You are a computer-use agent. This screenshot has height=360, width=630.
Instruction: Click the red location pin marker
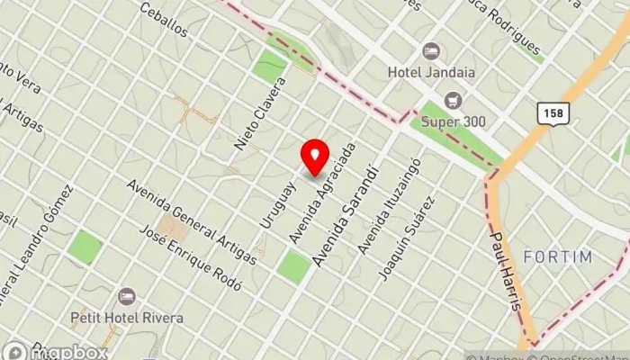click(x=314, y=158)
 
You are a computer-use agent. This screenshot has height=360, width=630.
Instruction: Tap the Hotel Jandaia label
click(x=431, y=72)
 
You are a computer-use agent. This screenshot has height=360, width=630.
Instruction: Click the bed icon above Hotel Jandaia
click(x=430, y=50)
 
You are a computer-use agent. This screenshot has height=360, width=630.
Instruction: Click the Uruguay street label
click(x=277, y=203)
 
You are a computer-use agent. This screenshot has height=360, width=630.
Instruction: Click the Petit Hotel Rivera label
click(x=127, y=318)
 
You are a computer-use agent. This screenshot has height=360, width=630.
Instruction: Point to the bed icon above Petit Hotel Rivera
click(x=126, y=296)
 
